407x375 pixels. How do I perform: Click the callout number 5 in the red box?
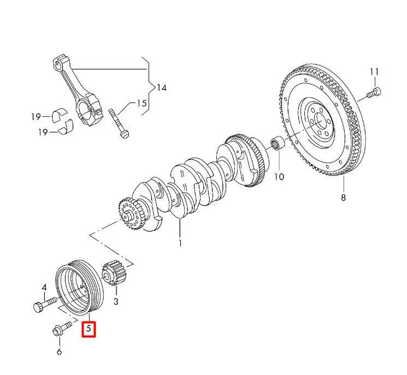pyautogui.click(x=88, y=329)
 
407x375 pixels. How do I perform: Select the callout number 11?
pyautogui.click(x=374, y=72)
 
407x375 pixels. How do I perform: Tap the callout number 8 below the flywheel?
pyautogui.click(x=343, y=198)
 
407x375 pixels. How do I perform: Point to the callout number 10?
pyautogui.click(x=279, y=176)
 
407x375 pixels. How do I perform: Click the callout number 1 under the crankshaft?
pyautogui.click(x=180, y=243)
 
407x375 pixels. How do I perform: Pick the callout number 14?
pyautogui.click(x=161, y=88)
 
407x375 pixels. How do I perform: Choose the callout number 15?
pyautogui.click(x=141, y=103)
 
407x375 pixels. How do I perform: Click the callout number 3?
pyautogui.click(x=116, y=301)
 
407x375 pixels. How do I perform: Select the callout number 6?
pyautogui.click(x=59, y=352)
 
